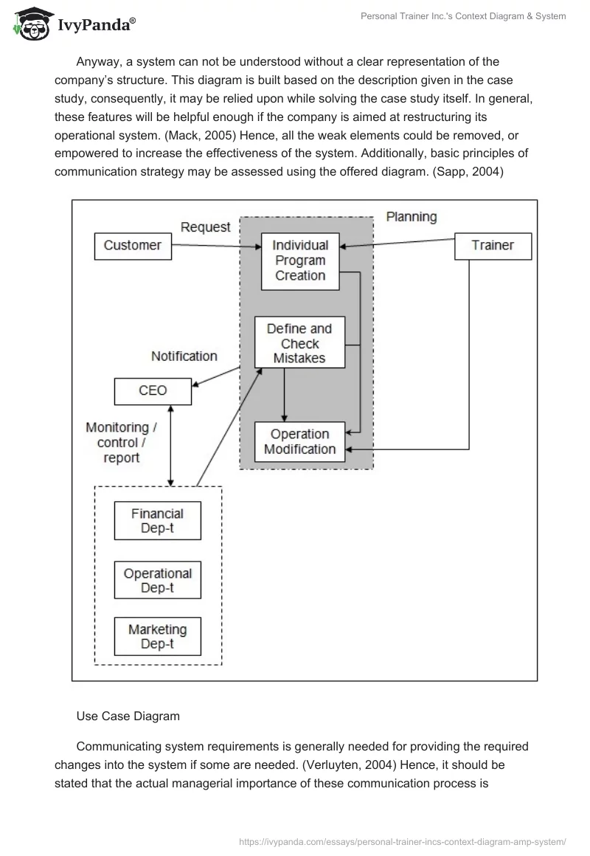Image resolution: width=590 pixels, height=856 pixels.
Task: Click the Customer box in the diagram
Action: (x=133, y=246)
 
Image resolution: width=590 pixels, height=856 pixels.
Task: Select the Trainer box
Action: (x=493, y=246)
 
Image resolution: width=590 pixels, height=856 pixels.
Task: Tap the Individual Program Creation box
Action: (x=300, y=260)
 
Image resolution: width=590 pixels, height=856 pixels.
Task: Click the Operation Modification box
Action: (x=299, y=441)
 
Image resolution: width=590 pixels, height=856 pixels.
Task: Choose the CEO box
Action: (x=153, y=391)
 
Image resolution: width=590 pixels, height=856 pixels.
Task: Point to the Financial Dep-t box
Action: (x=157, y=521)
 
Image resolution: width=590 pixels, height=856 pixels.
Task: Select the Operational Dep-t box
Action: (x=157, y=580)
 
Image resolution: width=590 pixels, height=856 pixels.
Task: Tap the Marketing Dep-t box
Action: (x=157, y=637)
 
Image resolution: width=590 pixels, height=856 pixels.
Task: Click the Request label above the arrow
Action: (x=206, y=227)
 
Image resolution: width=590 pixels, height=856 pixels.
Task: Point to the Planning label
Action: (x=412, y=217)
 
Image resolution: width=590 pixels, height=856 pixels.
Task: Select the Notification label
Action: (x=184, y=356)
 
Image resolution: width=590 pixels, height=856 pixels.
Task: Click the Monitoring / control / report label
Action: (x=122, y=442)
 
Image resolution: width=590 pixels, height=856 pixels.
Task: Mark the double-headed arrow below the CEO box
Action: (x=171, y=445)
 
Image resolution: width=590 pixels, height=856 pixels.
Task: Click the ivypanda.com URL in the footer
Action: (x=403, y=841)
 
